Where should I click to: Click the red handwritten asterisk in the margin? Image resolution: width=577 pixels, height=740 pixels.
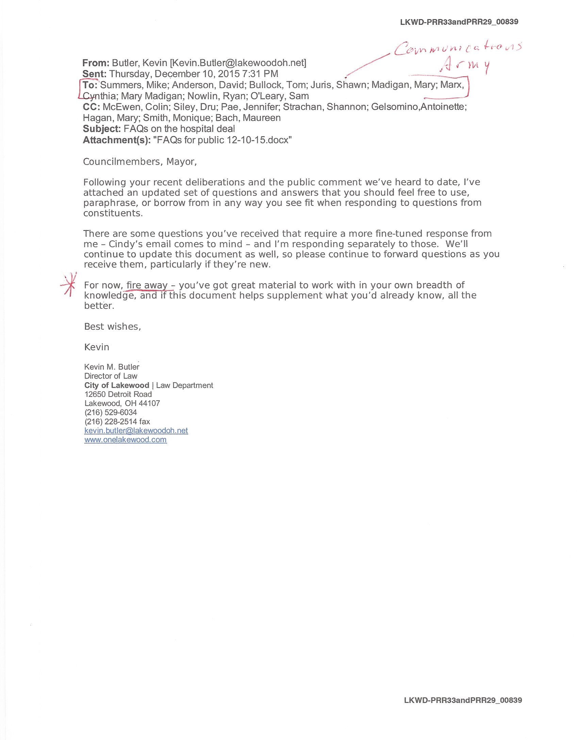tap(70, 285)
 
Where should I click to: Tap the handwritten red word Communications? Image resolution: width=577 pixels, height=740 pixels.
tap(458, 48)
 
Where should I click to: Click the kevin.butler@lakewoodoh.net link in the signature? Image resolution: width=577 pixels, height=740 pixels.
tap(136, 431)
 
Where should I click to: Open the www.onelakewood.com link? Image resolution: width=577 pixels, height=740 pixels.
tap(126, 440)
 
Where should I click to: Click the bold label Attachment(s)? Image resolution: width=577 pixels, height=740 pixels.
tap(117, 140)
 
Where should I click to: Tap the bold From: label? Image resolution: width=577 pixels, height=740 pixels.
tap(96, 63)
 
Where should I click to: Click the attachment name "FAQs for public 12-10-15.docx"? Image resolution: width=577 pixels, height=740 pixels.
tap(222, 140)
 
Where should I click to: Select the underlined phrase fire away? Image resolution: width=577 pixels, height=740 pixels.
tap(147, 285)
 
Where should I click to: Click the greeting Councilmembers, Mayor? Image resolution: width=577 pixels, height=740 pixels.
tap(140, 162)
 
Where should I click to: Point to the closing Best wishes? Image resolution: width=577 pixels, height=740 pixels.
tap(113, 326)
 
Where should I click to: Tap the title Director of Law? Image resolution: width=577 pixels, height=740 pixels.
tap(111, 376)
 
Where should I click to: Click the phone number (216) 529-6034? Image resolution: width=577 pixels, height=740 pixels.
tap(111, 413)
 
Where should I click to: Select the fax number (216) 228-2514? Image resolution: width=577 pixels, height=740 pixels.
tap(111, 422)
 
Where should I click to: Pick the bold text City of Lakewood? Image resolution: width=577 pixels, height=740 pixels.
tap(117, 385)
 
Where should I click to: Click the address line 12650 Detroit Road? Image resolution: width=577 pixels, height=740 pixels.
tap(118, 394)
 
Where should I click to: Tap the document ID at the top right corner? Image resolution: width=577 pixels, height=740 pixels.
tap(459, 22)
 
